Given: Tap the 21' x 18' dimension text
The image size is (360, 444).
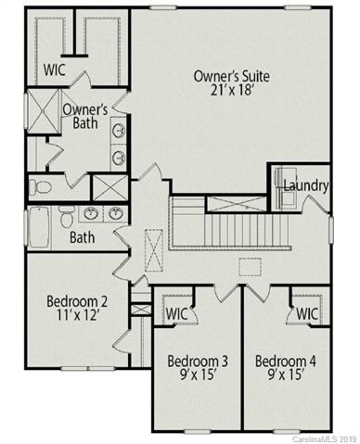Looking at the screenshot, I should pyautogui.click(x=228, y=93).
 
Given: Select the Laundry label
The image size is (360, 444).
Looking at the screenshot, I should pyautogui.click(x=305, y=185).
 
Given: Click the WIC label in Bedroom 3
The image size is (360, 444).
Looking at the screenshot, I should pyautogui.click(x=177, y=313).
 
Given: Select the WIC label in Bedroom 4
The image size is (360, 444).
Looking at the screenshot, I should pyautogui.click(x=309, y=313).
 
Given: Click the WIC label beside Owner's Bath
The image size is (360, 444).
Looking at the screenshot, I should pyautogui.click(x=52, y=69).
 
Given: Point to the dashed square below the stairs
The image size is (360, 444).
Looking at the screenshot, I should pyautogui.click(x=248, y=267).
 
